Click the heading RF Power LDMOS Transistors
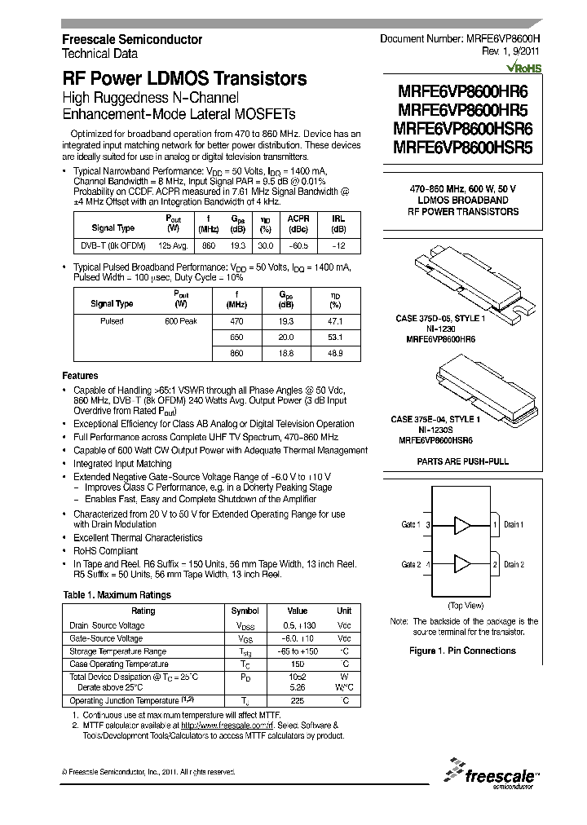click(x=185, y=79)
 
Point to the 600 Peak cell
click(x=180, y=321)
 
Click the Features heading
click(x=81, y=376)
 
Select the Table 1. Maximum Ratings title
click(x=117, y=595)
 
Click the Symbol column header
click(x=245, y=611)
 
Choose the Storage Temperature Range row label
click(x=117, y=651)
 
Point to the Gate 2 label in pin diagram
click(x=410, y=564)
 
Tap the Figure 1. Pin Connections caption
click(x=462, y=651)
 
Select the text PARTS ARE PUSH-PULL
click(x=463, y=461)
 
